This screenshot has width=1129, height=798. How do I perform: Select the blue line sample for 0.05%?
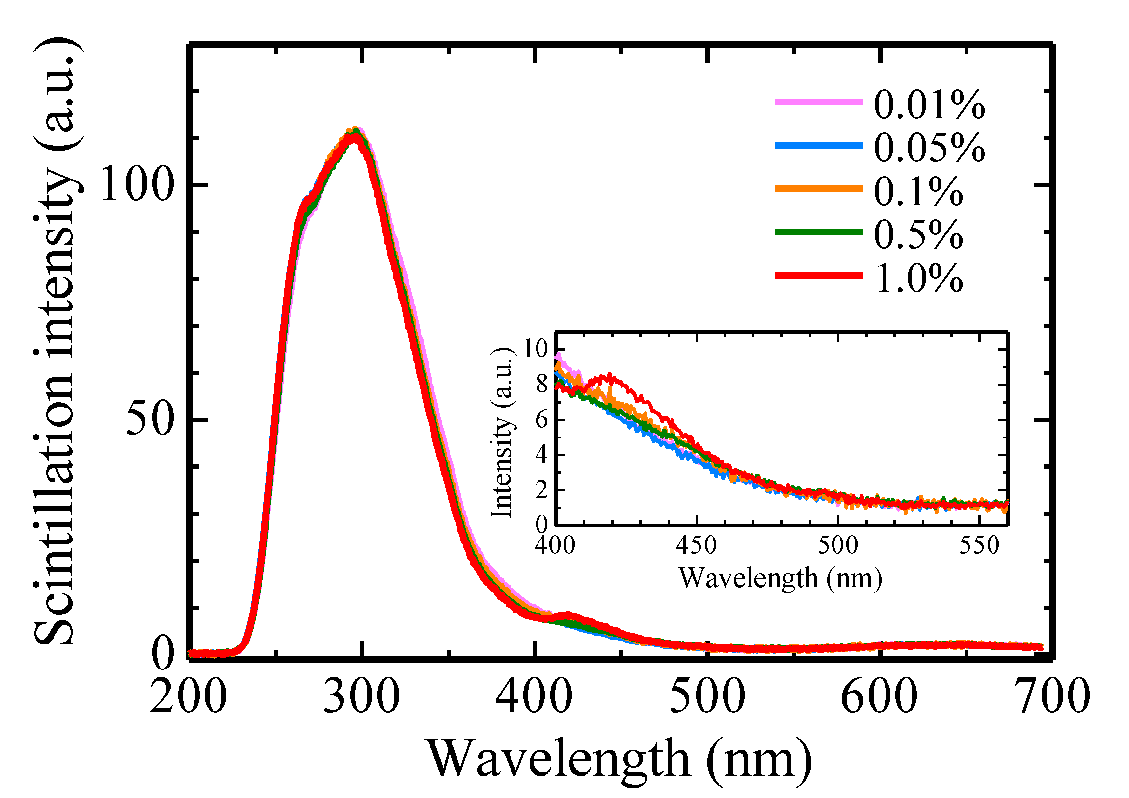(819, 145)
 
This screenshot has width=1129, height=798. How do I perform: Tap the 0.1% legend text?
(917, 191)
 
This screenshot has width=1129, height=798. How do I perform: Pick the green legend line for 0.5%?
(819, 232)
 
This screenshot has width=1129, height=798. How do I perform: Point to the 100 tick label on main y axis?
(136, 185)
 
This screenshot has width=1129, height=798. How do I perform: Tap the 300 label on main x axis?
(361, 697)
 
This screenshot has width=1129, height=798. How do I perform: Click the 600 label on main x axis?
(879, 697)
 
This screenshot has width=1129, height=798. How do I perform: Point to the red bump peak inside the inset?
(610, 376)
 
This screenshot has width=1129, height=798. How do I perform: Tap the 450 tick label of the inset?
(696, 545)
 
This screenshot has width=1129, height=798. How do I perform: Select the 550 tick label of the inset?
(979, 545)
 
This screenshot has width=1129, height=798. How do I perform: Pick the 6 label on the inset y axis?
(541, 420)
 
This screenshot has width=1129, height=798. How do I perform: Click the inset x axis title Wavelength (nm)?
(780, 579)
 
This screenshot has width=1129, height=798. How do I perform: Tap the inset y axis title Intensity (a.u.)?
(502, 433)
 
